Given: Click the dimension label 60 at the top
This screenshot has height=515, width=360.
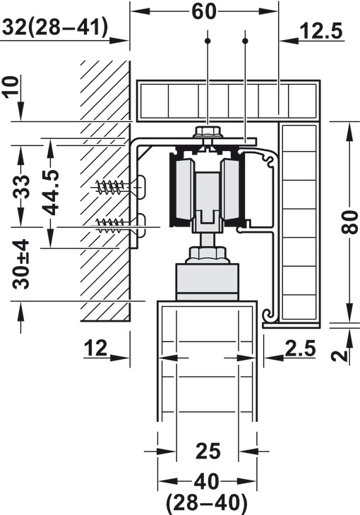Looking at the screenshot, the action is [204, 12].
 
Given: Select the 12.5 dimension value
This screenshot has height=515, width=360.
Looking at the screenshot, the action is [321, 31].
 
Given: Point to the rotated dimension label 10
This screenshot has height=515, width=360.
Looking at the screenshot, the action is [12, 86].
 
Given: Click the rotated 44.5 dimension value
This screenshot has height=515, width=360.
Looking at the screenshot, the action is [51, 193].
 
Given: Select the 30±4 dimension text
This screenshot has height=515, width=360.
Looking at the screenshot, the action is [20, 265].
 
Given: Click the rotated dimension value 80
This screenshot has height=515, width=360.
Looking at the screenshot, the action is [350, 222].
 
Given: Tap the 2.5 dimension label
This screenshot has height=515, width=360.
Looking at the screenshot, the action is [300, 348].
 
